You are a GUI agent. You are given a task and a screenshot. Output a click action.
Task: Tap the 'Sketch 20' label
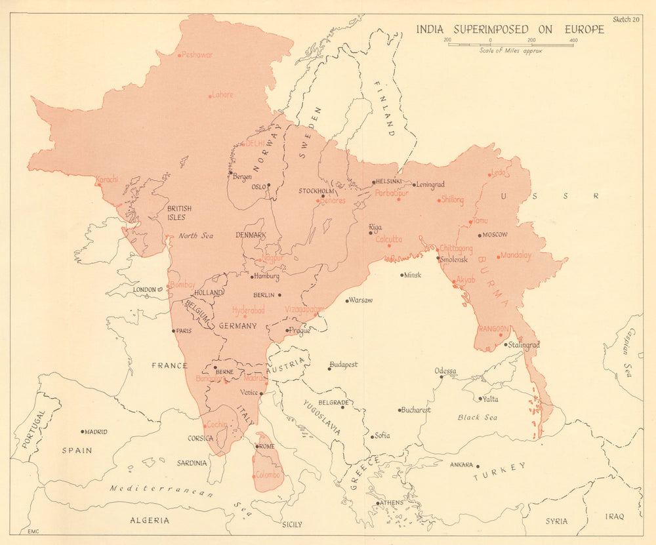point(626,19)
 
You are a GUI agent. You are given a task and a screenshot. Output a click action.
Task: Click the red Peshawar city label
point(197,55)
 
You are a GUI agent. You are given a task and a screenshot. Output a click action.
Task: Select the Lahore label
point(222,94)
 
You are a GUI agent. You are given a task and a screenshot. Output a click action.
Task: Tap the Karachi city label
point(107,179)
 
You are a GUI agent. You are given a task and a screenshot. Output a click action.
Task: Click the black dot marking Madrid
point(83,432)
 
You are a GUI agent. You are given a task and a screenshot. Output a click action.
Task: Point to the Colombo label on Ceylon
point(268,475)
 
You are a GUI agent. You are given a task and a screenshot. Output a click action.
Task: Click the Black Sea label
point(478,418)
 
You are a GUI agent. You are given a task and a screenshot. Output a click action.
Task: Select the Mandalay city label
point(516,256)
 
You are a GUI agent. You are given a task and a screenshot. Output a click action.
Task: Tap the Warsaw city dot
point(347,301)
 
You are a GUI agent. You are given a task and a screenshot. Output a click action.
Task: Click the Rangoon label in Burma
point(494,328)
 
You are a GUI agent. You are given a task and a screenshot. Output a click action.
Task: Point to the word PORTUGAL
point(30,429)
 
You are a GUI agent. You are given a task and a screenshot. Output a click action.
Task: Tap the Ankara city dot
point(478,466)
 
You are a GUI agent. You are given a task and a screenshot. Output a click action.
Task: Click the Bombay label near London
point(183,285)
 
